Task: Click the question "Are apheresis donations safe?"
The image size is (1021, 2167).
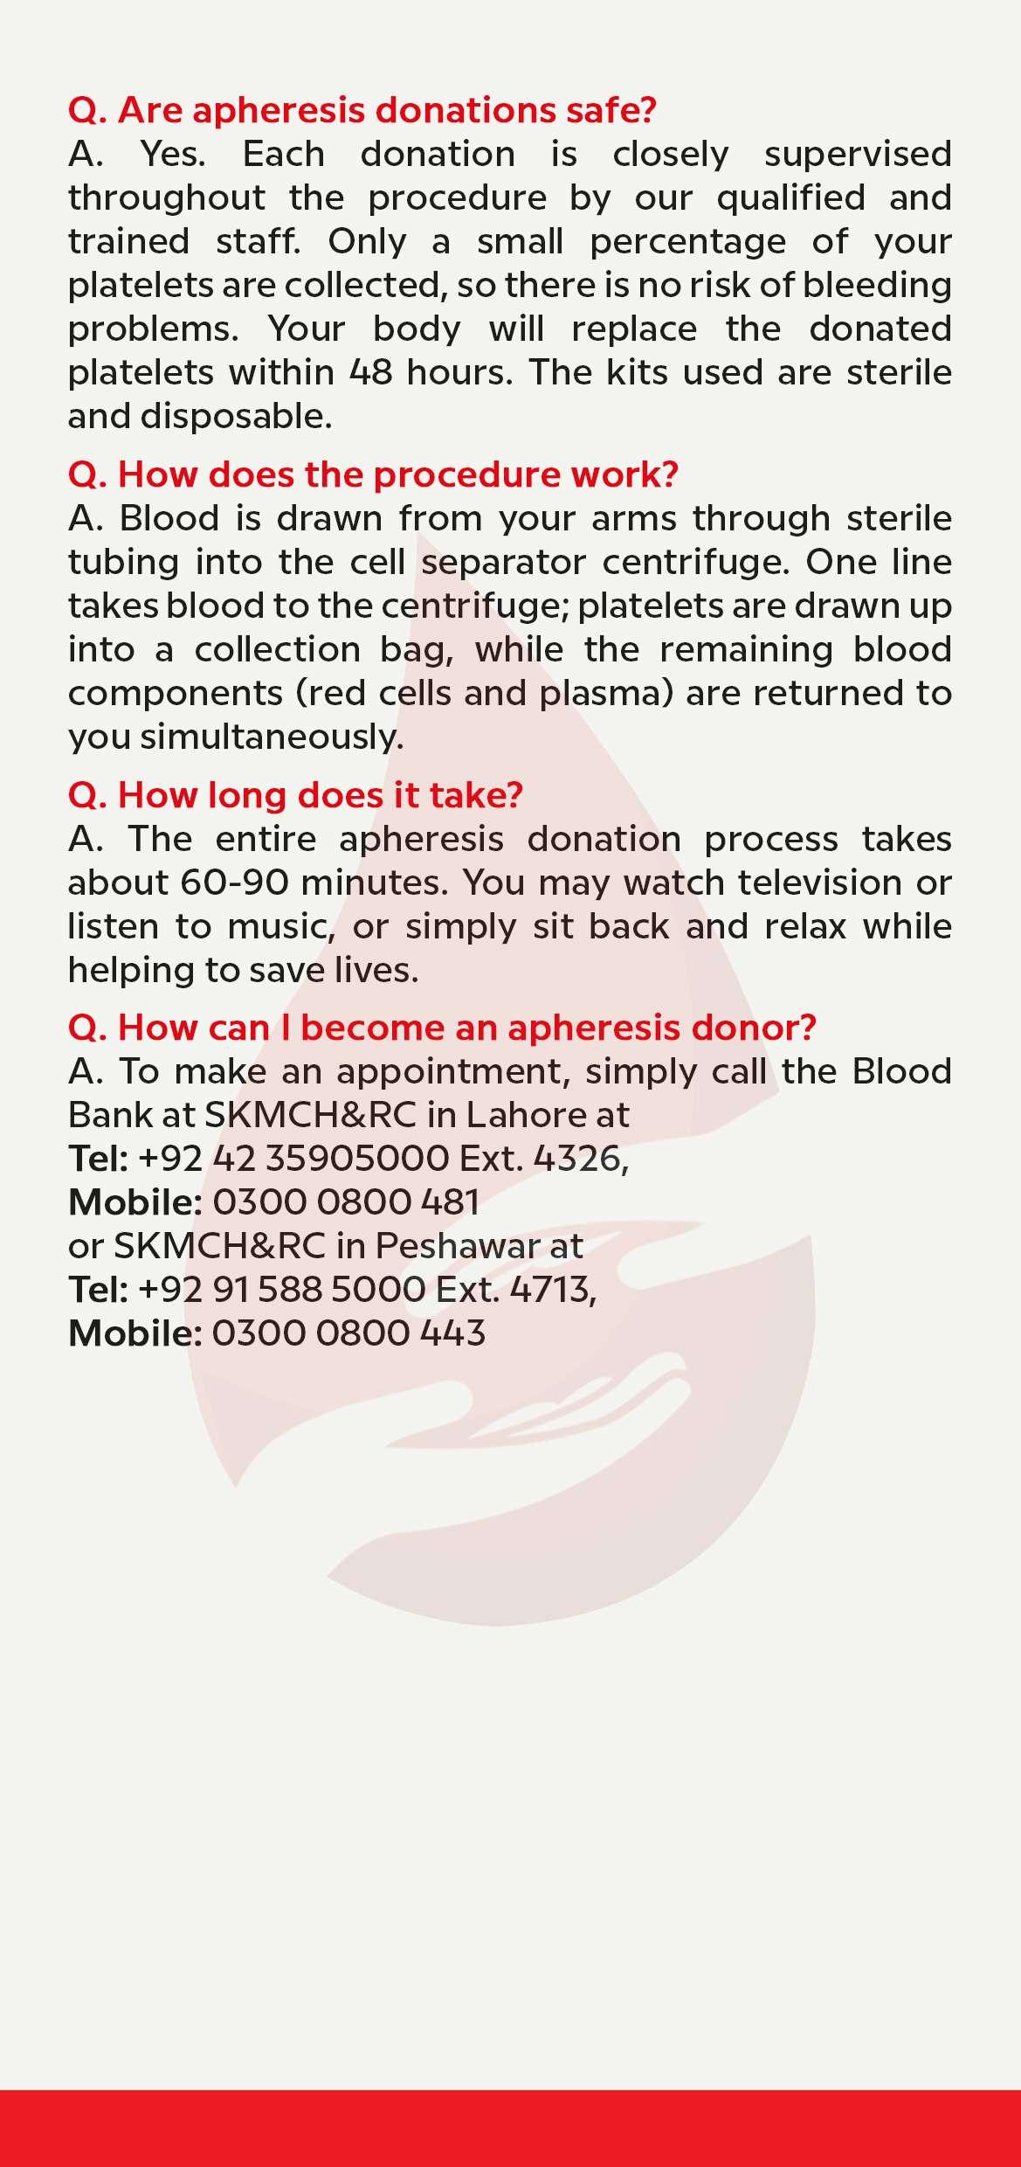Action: [x=362, y=111]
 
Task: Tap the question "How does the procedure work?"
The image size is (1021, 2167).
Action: [x=373, y=474]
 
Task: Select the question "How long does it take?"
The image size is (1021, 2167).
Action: [x=295, y=795]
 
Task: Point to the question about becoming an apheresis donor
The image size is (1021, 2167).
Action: [x=442, y=1028]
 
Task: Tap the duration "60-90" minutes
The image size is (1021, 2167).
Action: [x=234, y=883]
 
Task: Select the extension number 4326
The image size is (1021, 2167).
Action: [x=579, y=1159]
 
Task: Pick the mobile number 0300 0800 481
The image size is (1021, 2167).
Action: [x=346, y=1202]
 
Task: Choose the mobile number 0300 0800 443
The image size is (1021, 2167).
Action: [x=348, y=1333]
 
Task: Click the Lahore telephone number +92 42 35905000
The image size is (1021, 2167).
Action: [x=293, y=1159]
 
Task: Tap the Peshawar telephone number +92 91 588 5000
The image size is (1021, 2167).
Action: [x=282, y=1290]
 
